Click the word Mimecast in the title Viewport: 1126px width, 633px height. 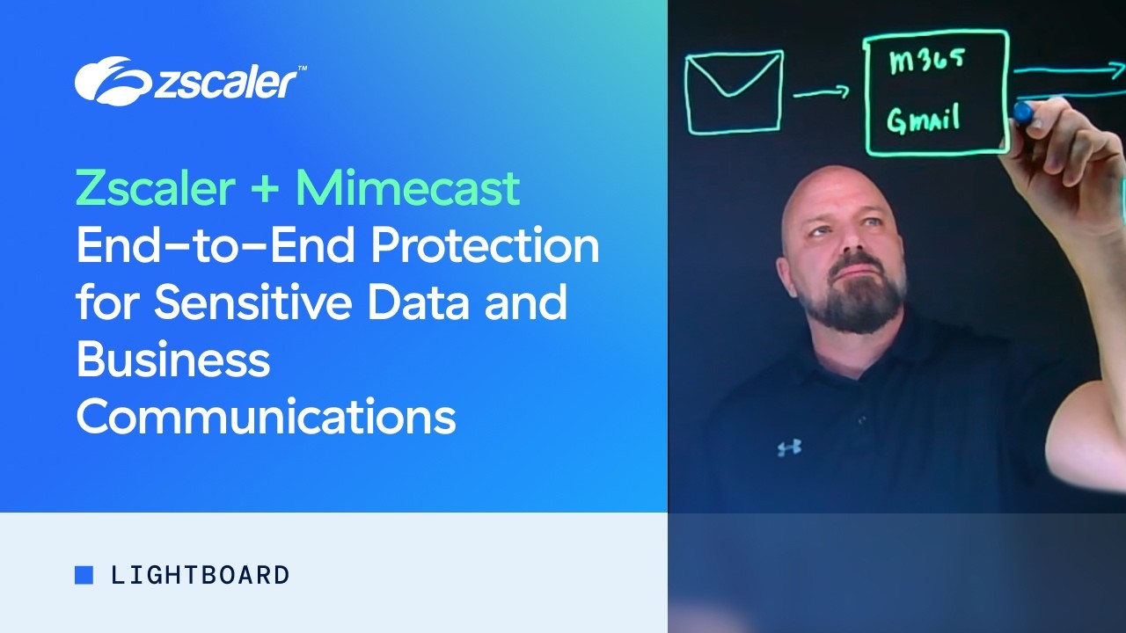click(x=407, y=188)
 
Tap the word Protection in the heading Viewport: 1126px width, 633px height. click(x=485, y=246)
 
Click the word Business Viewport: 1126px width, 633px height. click(x=172, y=360)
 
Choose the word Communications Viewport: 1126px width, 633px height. click(x=266, y=417)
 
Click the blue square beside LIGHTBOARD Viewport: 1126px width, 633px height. click(x=84, y=575)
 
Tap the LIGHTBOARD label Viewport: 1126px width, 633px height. click(x=201, y=575)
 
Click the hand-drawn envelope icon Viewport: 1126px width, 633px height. click(x=735, y=91)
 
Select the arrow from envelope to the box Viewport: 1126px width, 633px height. click(x=820, y=91)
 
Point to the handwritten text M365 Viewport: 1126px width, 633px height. click(x=927, y=63)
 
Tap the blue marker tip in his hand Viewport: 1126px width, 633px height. click(x=1023, y=112)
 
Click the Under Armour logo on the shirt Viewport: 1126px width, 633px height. click(x=789, y=447)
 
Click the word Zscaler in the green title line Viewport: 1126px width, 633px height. click(x=154, y=188)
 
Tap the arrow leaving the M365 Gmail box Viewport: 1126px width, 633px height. click(x=1064, y=72)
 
